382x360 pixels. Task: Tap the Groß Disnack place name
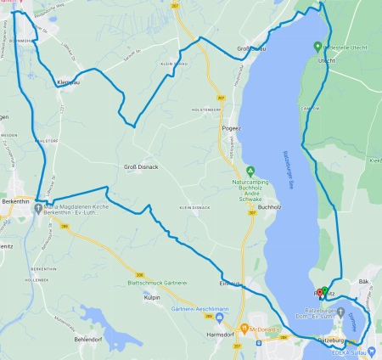(x=142, y=166)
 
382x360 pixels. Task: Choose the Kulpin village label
(x=153, y=298)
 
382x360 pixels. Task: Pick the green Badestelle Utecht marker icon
(x=317, y=47)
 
